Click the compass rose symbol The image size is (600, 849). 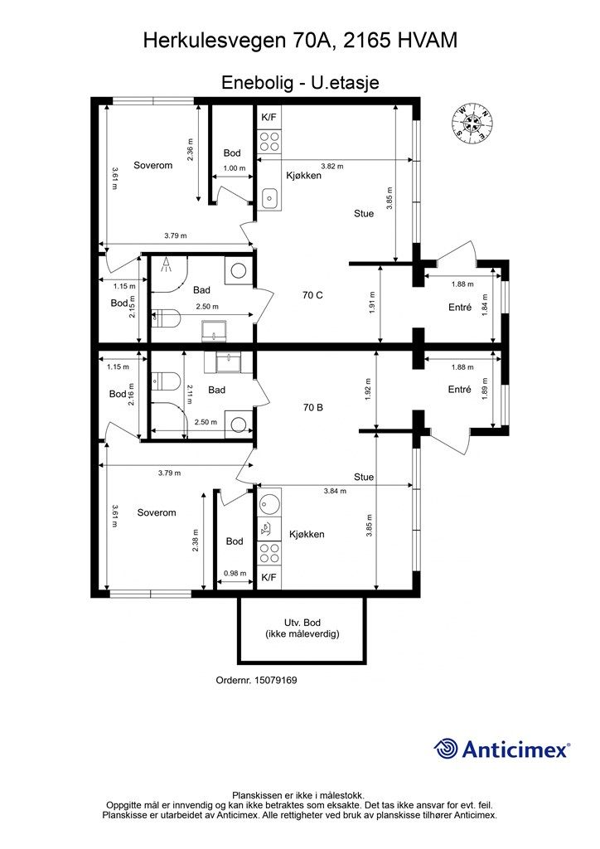[473, 123]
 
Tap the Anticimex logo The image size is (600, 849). [501, 750]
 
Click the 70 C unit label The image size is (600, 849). [312, 295]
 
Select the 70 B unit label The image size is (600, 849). [312, 407]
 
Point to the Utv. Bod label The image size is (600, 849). [302, 623]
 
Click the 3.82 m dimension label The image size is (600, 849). [332, 166]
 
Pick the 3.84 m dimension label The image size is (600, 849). [335, 491]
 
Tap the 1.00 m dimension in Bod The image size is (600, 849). [235, 168]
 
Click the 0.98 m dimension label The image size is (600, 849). [235, 574]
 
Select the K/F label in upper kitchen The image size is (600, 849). [269, 117]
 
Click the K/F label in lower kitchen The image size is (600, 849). [269, 578]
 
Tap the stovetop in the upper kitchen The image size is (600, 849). [269, 142]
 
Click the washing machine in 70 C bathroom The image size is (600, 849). [238, 270]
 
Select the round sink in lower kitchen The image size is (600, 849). [269, 502]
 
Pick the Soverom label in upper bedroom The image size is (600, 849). [153, 165]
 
